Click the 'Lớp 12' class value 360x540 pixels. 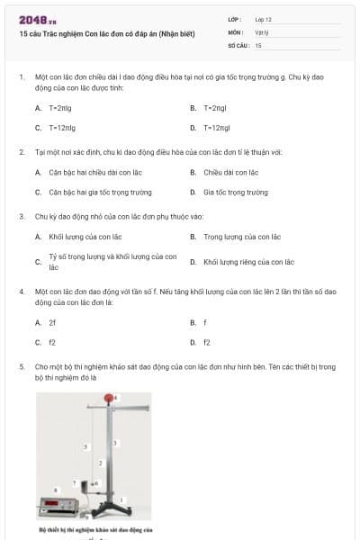pyautogui.click(x=263, y=18)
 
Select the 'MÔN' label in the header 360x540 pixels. pyautogui.click(x=236, y=31)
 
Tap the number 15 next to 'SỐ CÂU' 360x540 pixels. pyautogui.click(x=258, y=45)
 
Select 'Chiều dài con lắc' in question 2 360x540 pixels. pyautogui.click(x=230, y=172)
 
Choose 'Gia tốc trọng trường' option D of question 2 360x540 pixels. pyautogui.click(x=235, y=193)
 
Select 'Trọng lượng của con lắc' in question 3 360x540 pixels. pyautogui.click(x=241, y=237)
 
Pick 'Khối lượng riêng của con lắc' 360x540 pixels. pyautogui.click(x=247, y=262)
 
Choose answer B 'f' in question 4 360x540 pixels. pyautogui.click(x=205, y=321)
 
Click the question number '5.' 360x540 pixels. pyautogui.click(x=22, y=366)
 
